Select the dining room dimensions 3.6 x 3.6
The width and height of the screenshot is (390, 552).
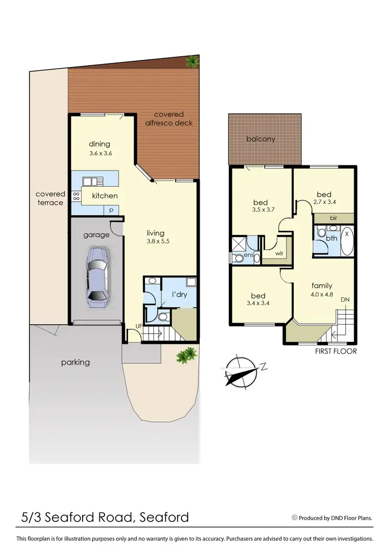[x=100, y=153]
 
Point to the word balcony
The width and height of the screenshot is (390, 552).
[x=261, y=139]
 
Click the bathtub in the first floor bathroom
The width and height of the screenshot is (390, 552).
[x=347, y=241]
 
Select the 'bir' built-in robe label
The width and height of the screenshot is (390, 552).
[x=333, y=218]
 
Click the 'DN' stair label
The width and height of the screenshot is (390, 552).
[x=345, y=300]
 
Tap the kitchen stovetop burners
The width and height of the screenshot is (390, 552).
[x=76, y=196]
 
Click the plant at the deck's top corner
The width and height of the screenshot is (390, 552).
[x=193, y=61]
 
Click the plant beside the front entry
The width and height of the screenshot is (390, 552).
[x=186, y=355]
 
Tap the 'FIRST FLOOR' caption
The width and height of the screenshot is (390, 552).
[x=336, y=351]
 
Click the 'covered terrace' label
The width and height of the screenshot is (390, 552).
[x=50, y=198]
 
